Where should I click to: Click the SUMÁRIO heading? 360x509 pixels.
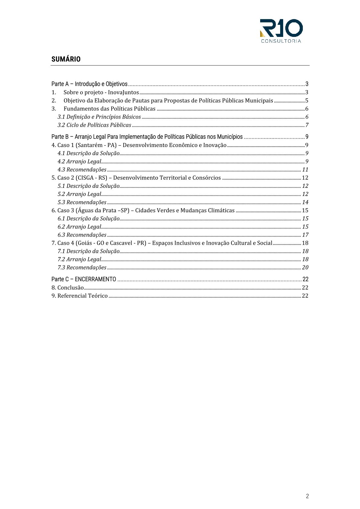[66, 59]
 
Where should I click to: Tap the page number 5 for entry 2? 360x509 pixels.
[306, 101]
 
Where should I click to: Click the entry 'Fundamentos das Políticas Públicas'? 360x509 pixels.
[110, 109]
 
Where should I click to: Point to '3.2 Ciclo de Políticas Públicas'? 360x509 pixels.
[94, 125]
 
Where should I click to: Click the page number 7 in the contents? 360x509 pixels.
[307, 125]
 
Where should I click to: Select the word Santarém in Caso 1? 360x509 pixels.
[90, 145]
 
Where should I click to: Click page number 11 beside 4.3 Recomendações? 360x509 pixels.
[305, 170]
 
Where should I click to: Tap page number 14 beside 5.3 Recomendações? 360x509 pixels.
[305, 202]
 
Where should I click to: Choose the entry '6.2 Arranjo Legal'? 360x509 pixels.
[79, 227]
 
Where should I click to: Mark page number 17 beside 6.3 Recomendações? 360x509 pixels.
[305, 235]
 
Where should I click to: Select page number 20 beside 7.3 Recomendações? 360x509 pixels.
[305, 268]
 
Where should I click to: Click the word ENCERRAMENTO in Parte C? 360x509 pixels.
[95, 279]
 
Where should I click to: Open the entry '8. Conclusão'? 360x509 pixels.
[67, 288]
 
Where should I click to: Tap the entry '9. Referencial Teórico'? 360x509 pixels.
[80, 296]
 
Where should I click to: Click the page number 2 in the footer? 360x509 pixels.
[307, 496]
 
